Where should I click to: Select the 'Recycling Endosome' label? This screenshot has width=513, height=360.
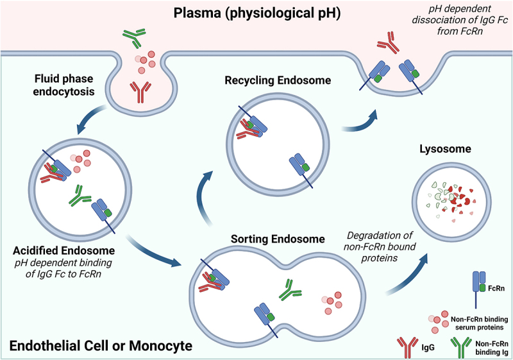pyautogui.click(x=269, y=81)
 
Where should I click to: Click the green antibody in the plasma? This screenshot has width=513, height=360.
pyautogui.click(x=133, y=38)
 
